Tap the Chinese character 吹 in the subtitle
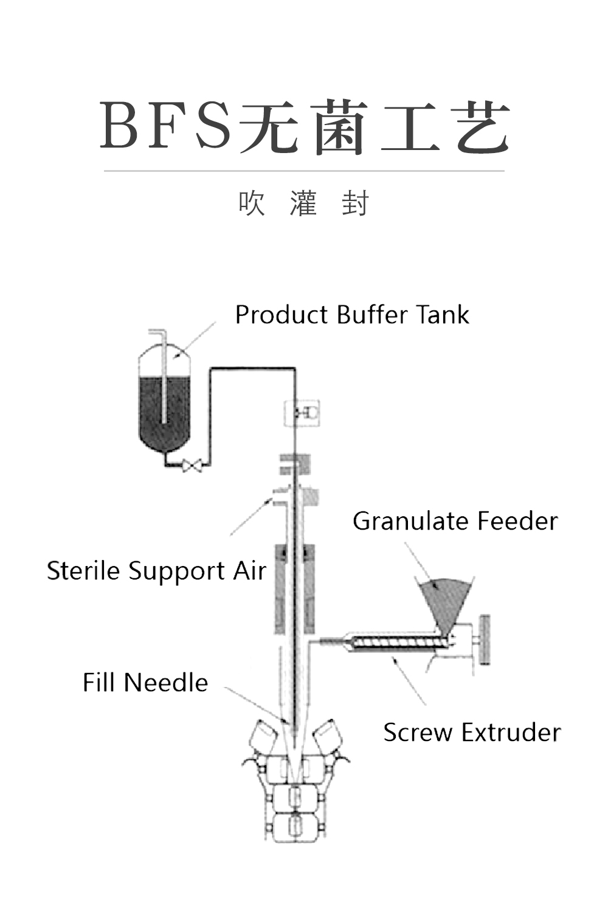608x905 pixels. tap(252, 203)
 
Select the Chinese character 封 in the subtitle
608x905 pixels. tap(355, 203)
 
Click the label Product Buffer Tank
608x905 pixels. tap(353, 315)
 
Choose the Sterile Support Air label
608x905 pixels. tap(156, 572)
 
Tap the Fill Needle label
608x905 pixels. tap(146, 683)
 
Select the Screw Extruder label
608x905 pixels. tap(472, 732)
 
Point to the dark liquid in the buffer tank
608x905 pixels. tap(164, 412)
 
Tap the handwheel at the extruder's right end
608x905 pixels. tap(484, 640)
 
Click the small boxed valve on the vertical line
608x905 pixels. tap(302, 412)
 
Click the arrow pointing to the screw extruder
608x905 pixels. tap(409, 680)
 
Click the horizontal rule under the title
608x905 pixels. tap(304, 171)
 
